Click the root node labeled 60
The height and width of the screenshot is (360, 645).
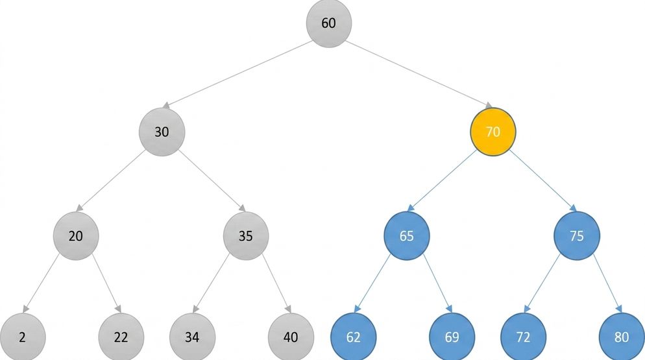[x=329, y=23]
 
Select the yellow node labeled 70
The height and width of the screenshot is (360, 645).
[x=493, y=132]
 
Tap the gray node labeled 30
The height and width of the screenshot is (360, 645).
[x=162, y=132]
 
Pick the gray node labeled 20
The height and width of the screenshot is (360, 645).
[x=76, y=235]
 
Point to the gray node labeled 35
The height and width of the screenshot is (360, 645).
[x=246, y=235]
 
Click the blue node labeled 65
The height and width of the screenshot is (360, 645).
[x=406, y=235]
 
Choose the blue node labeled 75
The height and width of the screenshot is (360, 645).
[x=577, y=235]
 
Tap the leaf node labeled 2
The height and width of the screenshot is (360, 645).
[x=22, y=337]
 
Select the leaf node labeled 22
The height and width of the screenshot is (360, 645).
[x=121, y=337]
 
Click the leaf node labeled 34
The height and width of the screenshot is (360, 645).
[x=192, y=337]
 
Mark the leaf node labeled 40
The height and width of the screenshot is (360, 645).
[x=291, y=337]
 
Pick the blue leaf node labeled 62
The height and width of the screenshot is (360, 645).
[x=354, y=337]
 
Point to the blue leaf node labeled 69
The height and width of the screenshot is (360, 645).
[x=452, y=337]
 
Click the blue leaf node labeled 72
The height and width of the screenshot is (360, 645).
[x=523, y=337]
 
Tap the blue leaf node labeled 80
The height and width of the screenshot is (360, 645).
[x=622, y=337]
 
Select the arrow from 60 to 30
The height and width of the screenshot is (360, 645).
[x=237, y=75]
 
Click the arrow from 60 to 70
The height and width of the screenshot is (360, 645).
[x=419, y=75]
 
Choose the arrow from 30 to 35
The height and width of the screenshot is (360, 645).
[x=212, y=180]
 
